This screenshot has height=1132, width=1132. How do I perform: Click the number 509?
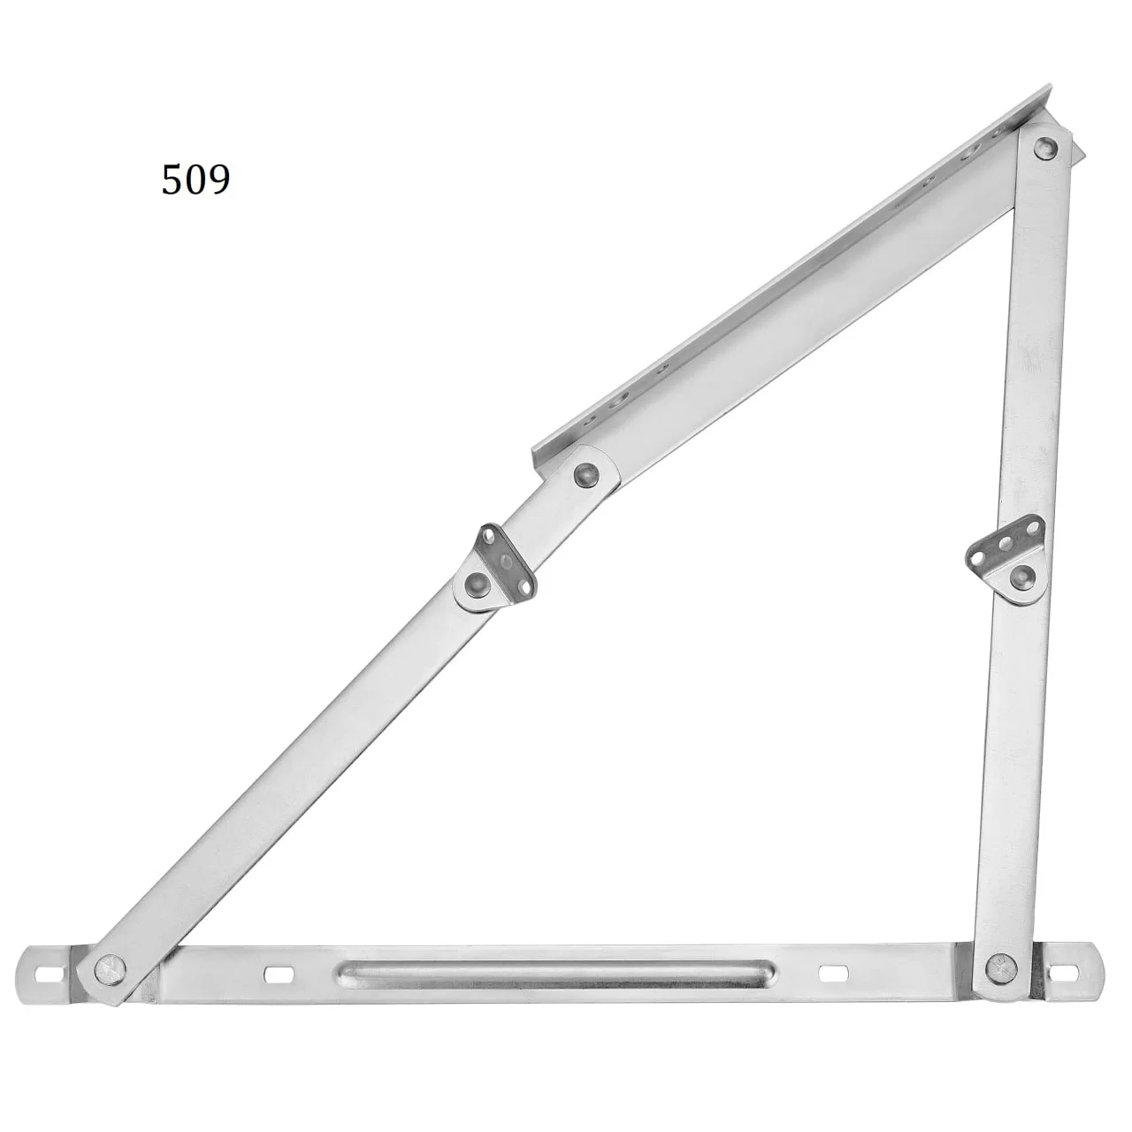tap(195, 180)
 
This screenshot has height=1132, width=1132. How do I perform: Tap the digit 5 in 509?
tap(172, 180)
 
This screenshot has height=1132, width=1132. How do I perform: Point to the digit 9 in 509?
tap(219, 180)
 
